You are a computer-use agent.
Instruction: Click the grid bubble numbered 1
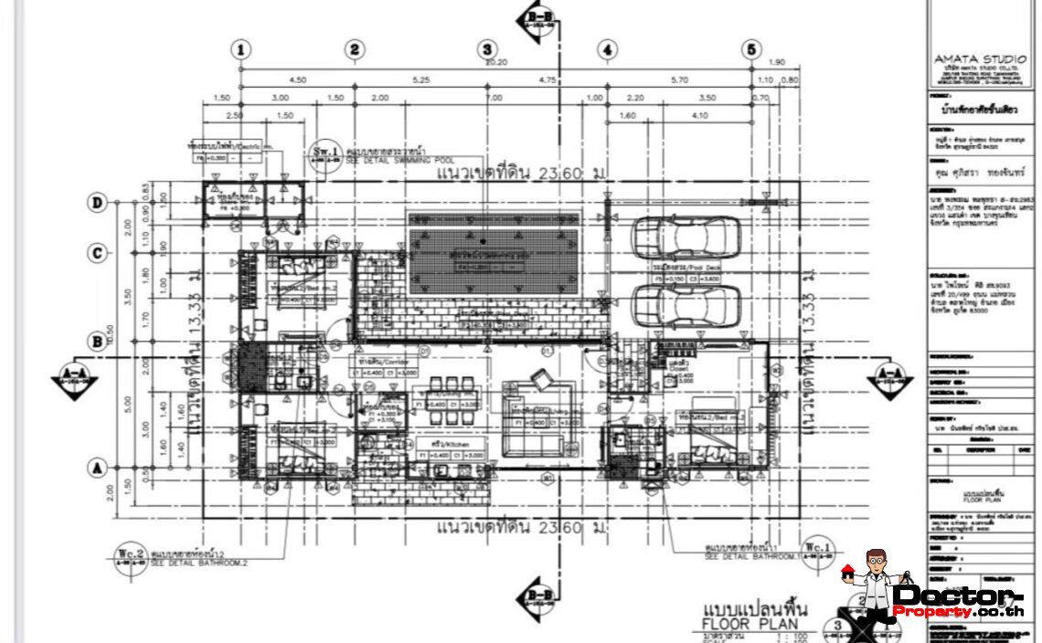240,49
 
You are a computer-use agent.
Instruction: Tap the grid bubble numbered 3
487,49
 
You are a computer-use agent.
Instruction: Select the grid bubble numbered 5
751,49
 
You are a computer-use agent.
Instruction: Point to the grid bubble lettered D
96,202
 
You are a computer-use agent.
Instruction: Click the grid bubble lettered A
96,468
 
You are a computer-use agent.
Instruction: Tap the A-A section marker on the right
889,376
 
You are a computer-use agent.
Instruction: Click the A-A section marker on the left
73,376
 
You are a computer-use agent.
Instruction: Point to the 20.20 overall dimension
495,63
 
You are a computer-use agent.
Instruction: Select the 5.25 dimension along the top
420,79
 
